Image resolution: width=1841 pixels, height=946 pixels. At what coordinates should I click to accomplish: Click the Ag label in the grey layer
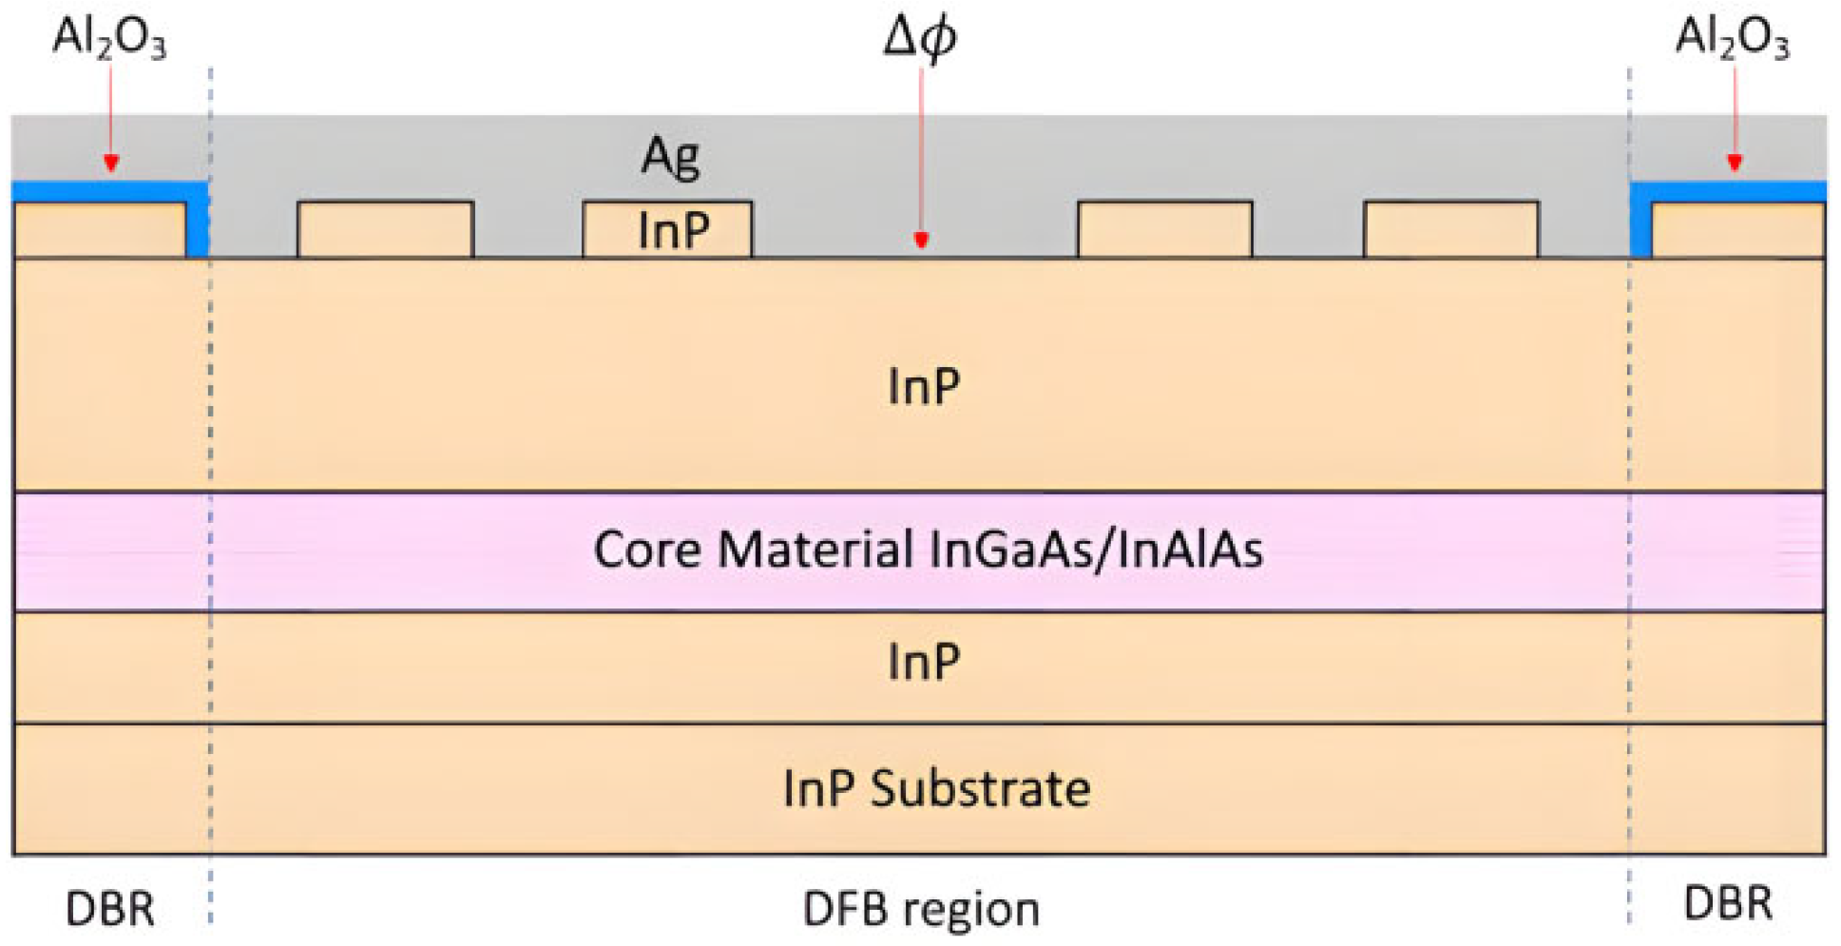point(671,156)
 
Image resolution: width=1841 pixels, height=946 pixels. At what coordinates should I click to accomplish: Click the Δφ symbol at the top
point(919,38)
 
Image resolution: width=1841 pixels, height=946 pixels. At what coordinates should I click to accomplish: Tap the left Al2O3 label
point(108,38)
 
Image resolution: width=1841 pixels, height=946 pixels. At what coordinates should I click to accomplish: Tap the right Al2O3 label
point(1731,38)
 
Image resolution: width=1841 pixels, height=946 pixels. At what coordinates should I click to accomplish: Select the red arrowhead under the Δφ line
point(920,240)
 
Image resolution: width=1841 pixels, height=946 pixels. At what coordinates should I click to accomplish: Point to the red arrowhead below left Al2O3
point(111,163)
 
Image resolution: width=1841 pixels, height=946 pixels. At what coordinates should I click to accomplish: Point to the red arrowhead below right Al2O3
point(1735,163)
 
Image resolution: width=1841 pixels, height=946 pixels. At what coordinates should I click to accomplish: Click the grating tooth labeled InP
point(667,229)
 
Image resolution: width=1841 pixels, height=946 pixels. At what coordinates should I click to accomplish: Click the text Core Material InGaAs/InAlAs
point(928,550)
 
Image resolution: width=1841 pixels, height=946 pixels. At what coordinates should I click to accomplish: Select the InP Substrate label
point(936,788)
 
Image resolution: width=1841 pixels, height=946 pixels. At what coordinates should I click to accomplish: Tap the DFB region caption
point(920,908)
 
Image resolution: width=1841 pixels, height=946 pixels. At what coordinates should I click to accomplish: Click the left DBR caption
point(109,908)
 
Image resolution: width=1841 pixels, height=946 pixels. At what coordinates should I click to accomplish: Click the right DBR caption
point(1727,902)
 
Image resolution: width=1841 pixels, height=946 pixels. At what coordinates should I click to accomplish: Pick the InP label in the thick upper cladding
point(923,386)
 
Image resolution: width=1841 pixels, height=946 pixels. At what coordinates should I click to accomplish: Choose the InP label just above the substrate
point(923,662)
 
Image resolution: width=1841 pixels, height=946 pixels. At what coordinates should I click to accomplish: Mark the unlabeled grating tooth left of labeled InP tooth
point(385,229)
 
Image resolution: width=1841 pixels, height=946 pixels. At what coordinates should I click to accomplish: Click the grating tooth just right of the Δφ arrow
point(1164,229)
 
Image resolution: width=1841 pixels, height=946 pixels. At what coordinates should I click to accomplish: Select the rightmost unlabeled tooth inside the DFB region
point(1450,229)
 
